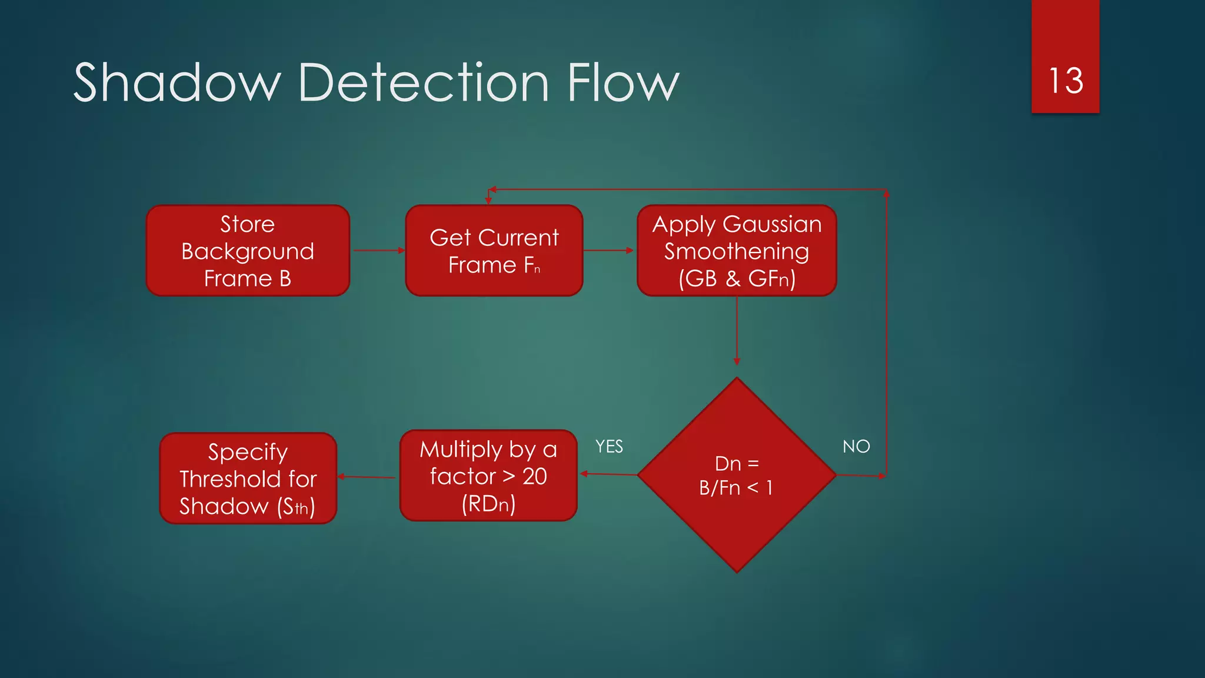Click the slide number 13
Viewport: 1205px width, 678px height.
[1066, 81]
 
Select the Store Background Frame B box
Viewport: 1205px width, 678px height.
[248, 251]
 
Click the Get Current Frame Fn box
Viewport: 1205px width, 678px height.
[494, 251]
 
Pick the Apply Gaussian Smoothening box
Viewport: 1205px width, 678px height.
[737, 251]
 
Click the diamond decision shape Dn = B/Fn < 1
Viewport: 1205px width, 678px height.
[737, 475]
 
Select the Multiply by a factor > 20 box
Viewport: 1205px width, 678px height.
[488, 476]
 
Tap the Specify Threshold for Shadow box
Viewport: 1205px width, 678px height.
[248, 478]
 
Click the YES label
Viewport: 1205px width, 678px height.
[609, 447]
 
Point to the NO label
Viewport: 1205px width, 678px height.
[856, 447]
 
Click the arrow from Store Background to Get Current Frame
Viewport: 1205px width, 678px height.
[378, 251]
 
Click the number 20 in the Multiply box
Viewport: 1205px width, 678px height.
[535, 476]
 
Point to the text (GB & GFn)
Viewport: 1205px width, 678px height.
[737, 278]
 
